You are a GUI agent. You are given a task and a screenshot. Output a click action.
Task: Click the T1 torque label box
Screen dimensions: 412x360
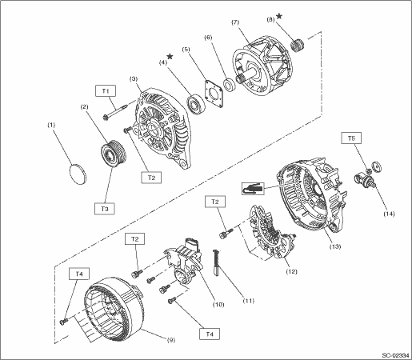[106, 91]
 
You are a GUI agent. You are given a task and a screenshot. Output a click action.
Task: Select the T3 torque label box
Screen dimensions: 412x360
[105, 209]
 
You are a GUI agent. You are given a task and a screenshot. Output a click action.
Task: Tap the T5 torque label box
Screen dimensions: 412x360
[351, 138]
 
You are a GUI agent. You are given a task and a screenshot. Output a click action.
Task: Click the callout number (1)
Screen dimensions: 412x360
[51, 125]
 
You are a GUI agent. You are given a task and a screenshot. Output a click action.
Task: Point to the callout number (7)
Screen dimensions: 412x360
[235, 22]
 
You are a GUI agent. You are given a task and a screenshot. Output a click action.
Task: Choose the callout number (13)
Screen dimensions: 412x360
[335, 246]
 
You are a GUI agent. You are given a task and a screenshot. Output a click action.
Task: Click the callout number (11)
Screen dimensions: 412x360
[249, 301]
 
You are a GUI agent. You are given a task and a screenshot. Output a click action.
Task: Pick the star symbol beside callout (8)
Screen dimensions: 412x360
[279, 16]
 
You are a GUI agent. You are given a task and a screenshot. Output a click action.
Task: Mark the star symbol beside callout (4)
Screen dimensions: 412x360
[170, 56]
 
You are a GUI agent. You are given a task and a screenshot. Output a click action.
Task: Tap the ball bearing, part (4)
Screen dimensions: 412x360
[195, 104]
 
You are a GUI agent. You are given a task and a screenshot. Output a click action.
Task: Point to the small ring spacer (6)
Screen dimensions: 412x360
[229, 84]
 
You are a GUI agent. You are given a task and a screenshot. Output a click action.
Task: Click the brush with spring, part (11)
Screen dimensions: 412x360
[216, 262]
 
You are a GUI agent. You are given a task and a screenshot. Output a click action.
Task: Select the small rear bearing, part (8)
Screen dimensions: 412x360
[298, 46]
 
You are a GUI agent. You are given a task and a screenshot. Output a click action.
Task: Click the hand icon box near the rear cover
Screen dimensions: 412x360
[253, 189]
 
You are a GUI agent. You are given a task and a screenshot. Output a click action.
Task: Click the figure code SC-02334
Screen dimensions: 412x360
[395, 355]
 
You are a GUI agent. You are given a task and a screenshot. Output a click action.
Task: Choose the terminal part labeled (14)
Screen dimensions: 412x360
[364, 179]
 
